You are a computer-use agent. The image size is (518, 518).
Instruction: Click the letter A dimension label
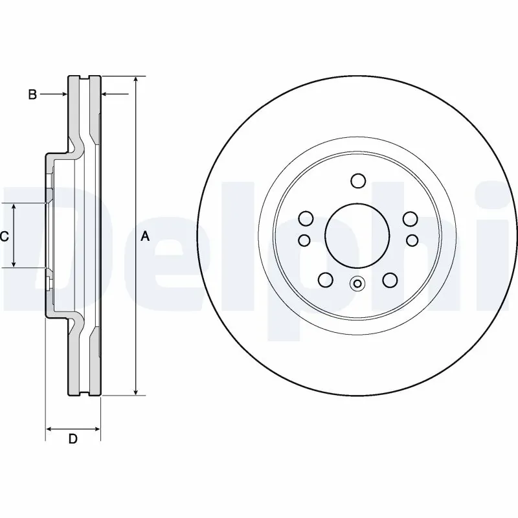(x=145, y=237)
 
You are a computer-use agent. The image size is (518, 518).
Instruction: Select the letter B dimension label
(x=32, y=95)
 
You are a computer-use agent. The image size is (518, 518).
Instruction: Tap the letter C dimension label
(x=4, y=237)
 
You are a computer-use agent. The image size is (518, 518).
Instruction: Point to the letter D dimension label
(x=73, y=439)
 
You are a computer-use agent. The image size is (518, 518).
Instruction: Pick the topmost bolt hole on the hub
(x=357, y=180)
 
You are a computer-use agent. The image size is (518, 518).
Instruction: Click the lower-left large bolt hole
(x=326, y=280)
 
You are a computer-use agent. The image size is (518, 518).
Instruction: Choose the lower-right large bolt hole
(x=389, y=280)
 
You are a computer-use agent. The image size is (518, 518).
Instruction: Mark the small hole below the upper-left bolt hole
(x=304, y=240)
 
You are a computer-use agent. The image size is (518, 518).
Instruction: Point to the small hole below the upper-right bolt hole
(x=412, y=240)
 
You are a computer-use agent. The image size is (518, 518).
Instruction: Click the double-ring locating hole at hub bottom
(x=357, y=283)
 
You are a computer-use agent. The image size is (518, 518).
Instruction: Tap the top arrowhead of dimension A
(x=135, y=80)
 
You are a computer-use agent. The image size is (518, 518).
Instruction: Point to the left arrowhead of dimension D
(x=49, y=428)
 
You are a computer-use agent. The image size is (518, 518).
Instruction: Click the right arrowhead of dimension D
(x=97, y=428)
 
